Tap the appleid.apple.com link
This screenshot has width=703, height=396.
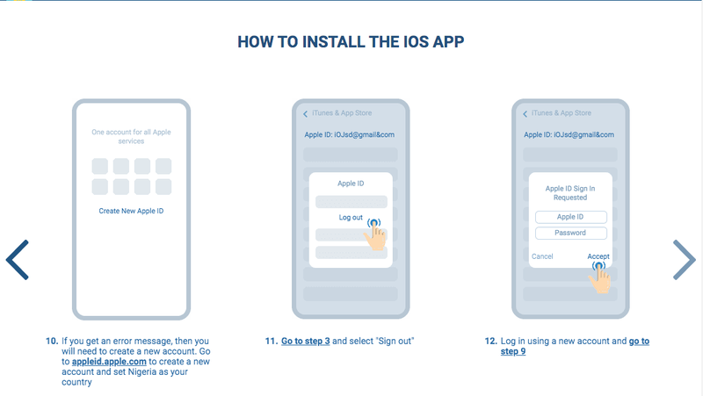pos(109,362)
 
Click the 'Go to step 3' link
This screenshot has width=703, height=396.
pos(305,341)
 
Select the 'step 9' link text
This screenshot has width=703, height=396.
pos(513,351)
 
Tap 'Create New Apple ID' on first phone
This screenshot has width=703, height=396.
pos(131,211)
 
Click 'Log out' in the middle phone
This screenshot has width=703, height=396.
pos(351,217)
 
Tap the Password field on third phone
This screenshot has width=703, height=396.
pos(570,233)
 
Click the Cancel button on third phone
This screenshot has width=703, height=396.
pos(542,256)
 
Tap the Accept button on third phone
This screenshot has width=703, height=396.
pos(598,256)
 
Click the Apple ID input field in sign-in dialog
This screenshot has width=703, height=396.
pos(570,217)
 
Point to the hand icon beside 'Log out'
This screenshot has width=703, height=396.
pos(376,234)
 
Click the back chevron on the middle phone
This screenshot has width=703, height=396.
pos(305,114)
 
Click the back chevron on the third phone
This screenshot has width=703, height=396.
pos(525,114)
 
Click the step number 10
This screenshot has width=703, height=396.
pos(52,341)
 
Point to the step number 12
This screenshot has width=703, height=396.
pos(491,341)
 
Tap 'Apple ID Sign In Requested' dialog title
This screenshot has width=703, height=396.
pos(570,193)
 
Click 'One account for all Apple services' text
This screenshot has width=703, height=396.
pos(131,137)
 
